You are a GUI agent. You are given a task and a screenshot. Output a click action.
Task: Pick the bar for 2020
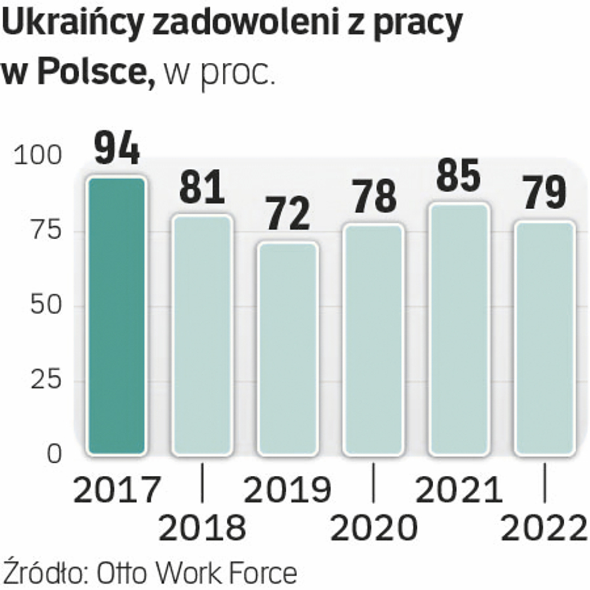pyautogui.click(x=373, y=339)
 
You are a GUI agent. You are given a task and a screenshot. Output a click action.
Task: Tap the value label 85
pyautogui.click(x=459, y=176)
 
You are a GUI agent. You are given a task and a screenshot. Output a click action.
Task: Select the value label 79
pyautogui.click(x=544, y=194)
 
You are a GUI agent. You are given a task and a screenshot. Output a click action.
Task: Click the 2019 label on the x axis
pyautogui.click(x=287, y=490)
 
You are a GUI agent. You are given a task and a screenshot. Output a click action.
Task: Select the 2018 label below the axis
pyautogui.click(x=202, y=528)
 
